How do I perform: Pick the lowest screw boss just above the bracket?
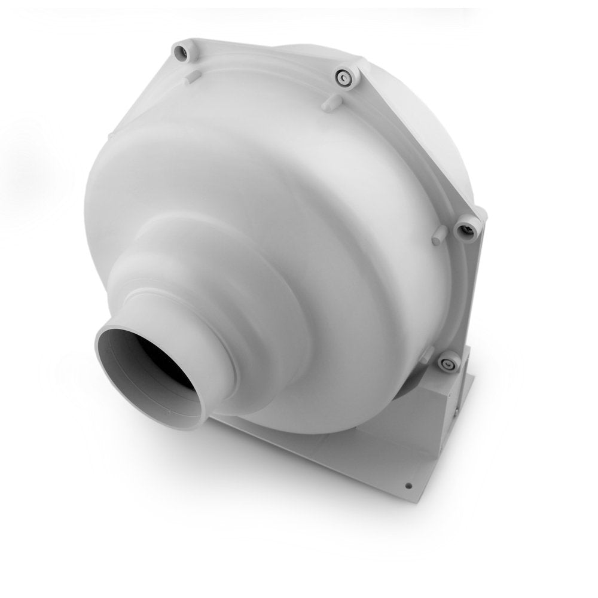pyautogui.click(x=447, y=363)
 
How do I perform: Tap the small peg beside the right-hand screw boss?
pyautogui.click(x=438, y=235)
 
